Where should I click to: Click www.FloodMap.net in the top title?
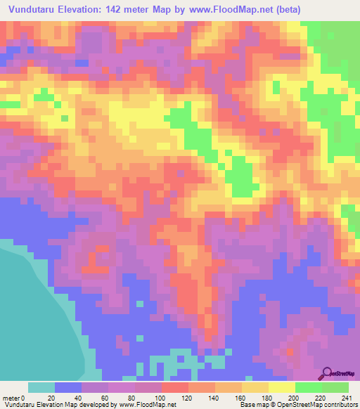click(x=221, y=9)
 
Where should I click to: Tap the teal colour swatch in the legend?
click(x=41, y=387)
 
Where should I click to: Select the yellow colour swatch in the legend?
click(x=282, y=387)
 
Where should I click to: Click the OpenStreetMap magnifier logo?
click(x=328, y=373)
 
